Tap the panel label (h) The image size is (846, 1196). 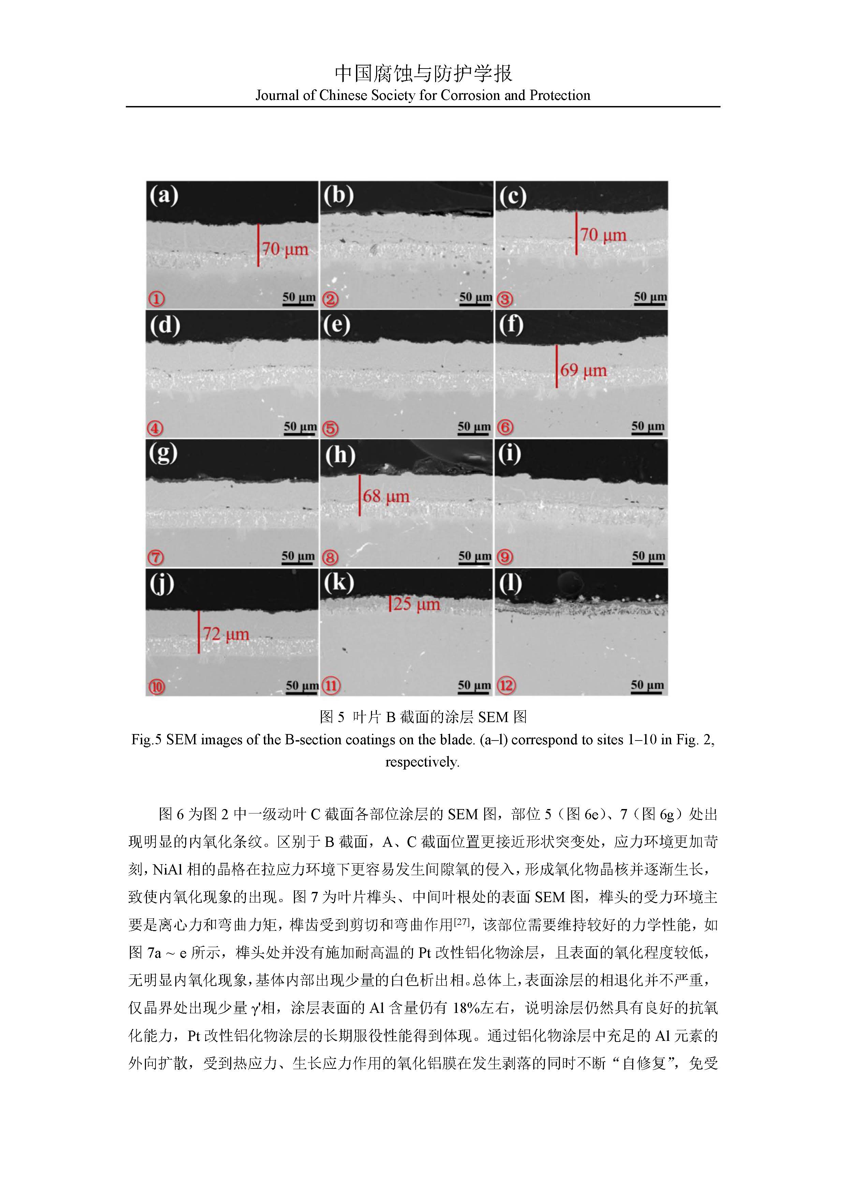[x=340, y=455]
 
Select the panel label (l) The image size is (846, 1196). [x=510, y=583]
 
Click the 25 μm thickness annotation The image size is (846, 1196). [x=416, y=604]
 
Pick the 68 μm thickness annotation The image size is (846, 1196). [x=386, y=496]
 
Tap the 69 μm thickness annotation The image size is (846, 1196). [x=583, y=370]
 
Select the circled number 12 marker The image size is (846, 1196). [x=506, y=686]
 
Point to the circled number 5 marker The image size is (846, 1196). [x=330, y=428]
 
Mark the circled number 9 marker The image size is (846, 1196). [x=505, y=557]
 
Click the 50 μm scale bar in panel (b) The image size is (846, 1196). [x=475, y=298]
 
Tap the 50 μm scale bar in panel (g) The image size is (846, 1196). [x=298, y=558]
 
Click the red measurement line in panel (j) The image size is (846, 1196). [x=198, y=632]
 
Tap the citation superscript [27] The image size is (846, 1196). [x=462, y=922]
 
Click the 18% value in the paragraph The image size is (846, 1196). [x=465, y=1008]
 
